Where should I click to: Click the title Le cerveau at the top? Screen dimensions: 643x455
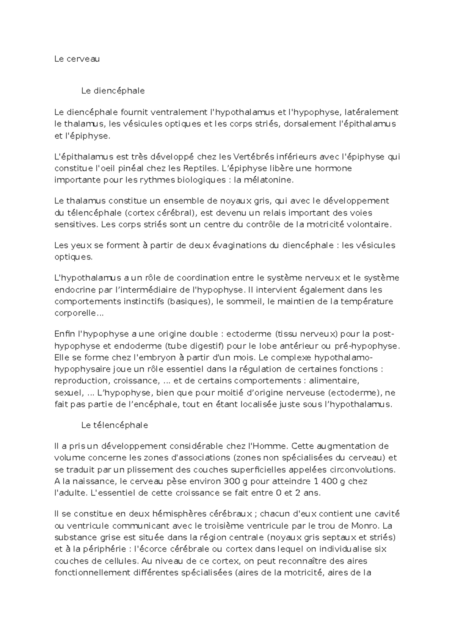(77, 59)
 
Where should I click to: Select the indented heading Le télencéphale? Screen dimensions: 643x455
(115, 425)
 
